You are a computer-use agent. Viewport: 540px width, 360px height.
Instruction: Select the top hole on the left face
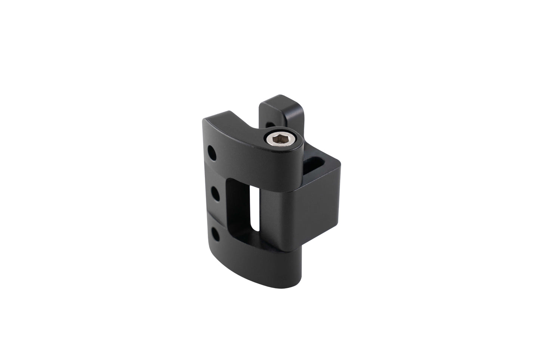tap(212, 153)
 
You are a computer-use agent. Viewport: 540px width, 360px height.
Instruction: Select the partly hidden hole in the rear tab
tap(268, 124)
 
